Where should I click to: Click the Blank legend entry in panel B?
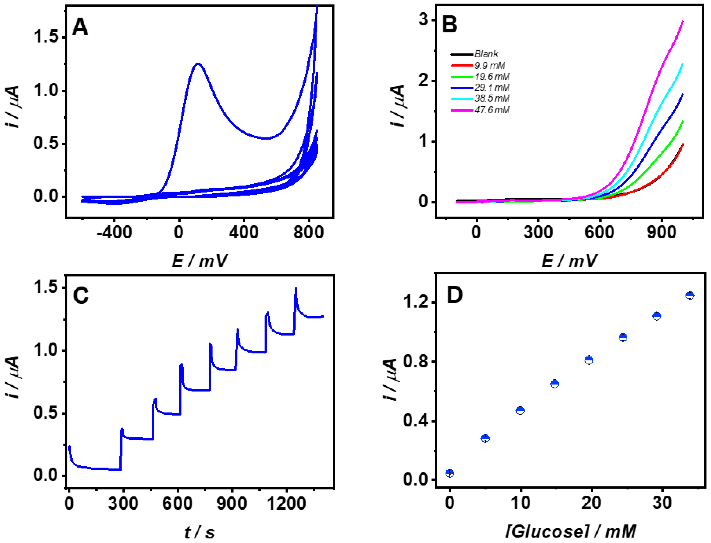click(486, 54)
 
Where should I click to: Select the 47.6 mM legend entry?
click(491, 110)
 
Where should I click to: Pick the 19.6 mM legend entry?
click(491, 77)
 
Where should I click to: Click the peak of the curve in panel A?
click(198, 64)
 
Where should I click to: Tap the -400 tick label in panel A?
click(114, 232)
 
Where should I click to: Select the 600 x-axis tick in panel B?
click(599, 232)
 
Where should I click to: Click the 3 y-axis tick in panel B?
click(423, 20)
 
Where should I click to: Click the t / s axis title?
click(200, 532)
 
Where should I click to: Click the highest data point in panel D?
click(690, 295)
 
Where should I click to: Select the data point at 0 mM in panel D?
click(450, 473)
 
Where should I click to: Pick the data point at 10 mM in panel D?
click(520, 411)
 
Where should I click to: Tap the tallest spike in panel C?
click(296, 288)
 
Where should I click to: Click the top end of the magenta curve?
click(683, 21)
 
